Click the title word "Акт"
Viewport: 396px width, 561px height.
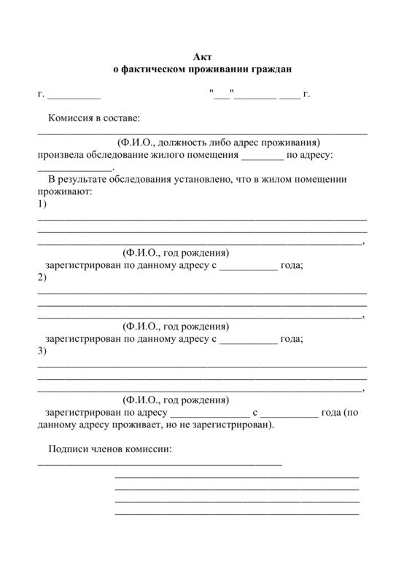202,57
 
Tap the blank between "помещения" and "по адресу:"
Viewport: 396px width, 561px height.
261,156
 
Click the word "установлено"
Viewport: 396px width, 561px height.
208,179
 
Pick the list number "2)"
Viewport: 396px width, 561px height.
42,278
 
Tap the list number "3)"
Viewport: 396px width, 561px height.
42,351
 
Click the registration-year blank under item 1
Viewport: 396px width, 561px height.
248,267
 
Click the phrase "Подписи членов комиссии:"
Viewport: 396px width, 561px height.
110,449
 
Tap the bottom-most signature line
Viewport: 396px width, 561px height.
236,514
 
